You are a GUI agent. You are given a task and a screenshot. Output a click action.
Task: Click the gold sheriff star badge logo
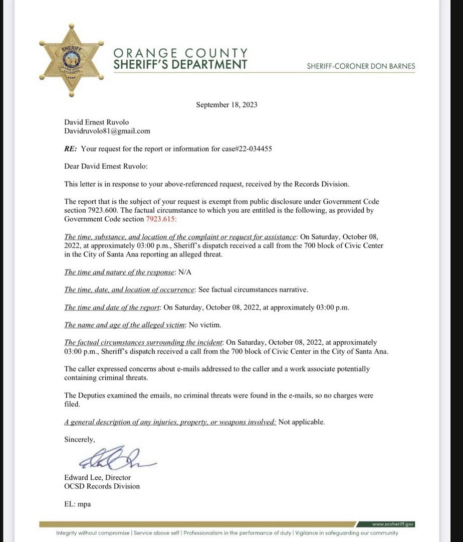tap(71, 60)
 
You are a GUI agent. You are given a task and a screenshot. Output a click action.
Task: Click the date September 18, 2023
tap(226, 104)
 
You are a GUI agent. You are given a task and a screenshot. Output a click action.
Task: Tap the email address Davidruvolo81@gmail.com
tap(107, 131)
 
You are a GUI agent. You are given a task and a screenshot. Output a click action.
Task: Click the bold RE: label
tap(71, 149)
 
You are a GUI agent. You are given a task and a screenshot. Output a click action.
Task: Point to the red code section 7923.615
tap(161, 219)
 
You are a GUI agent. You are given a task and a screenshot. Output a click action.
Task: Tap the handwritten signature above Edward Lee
tap(116, 458)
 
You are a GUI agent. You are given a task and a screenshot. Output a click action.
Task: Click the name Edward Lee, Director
tap(97, 477)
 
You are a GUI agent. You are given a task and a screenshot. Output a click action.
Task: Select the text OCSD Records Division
tap(102, 486)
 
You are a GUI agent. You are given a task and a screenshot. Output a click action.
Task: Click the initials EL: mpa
tap(77, 504)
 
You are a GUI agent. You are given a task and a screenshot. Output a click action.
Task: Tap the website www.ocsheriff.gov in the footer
tap(393, 524)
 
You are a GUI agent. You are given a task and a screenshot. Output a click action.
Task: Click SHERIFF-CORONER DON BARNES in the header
tap(361, 66)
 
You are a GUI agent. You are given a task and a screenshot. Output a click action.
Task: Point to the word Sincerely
tap(79, 439)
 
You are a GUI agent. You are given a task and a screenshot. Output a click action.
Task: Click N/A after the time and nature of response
tap(185, 272)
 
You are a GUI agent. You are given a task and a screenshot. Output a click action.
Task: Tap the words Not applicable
tap(301, 422)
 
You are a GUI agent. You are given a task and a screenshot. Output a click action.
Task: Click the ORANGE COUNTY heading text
tap(180, 53)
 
